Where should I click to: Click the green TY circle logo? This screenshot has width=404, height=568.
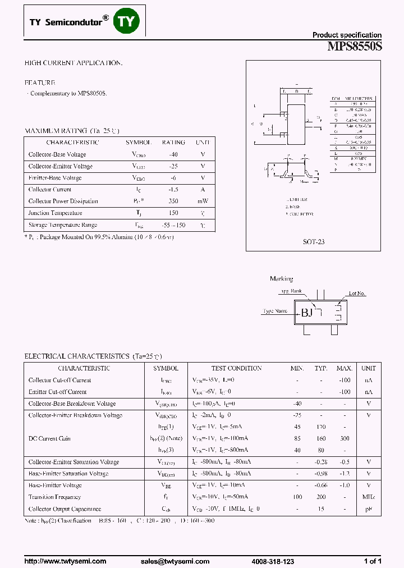point(126,21)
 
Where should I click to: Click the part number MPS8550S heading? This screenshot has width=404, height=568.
point(354,47)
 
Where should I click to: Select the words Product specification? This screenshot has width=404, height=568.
point(347,35)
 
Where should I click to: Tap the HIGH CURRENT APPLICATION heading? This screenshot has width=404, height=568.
point(74,63)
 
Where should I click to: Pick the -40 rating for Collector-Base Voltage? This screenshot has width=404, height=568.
point(173,154)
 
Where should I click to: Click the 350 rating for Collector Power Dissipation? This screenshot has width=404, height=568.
point(173,201)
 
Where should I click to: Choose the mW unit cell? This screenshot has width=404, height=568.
point(203,201)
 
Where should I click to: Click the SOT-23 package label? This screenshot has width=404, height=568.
point(314,242)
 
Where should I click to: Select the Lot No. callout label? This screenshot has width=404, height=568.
point(357,294)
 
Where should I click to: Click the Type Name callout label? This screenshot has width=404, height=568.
point(275,310)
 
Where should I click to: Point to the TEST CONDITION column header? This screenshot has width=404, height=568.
point(236,368)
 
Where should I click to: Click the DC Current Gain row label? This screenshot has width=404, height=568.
point(49,439)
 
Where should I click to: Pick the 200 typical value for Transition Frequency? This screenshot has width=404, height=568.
point(321,497)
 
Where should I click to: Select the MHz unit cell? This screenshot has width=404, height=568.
point(369,497)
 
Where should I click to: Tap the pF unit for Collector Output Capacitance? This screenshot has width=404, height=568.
point(369,509)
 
